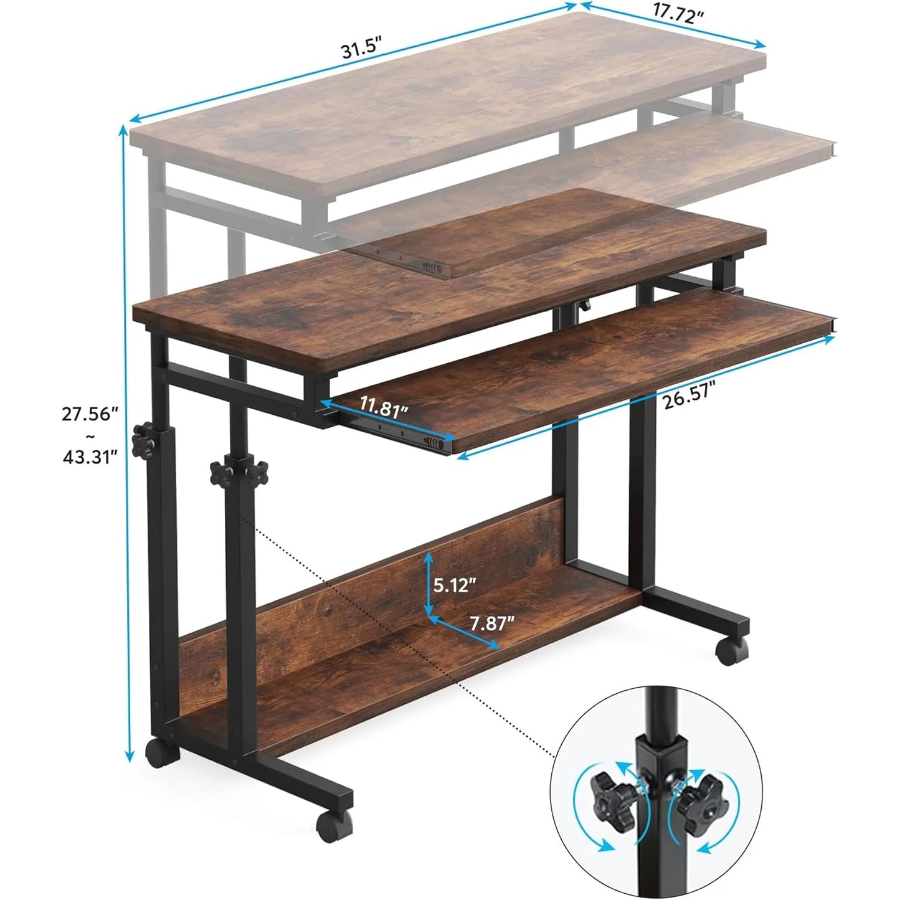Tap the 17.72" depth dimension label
(678, 14)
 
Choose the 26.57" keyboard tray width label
(688, 399)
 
